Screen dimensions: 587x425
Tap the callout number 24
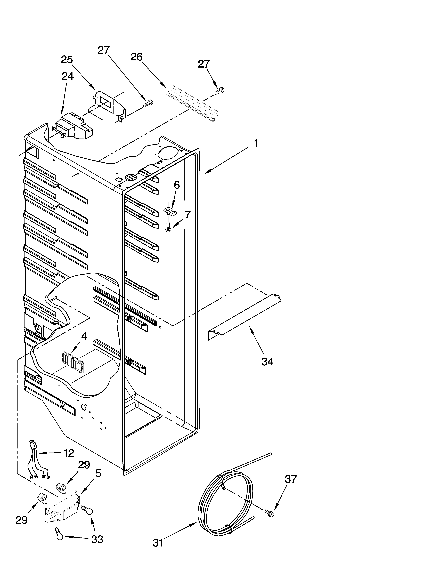pos(68,76)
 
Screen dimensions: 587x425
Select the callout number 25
pos(67,60)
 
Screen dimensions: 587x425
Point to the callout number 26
pos(136,57)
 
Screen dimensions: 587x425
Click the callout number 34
pos(267,362)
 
